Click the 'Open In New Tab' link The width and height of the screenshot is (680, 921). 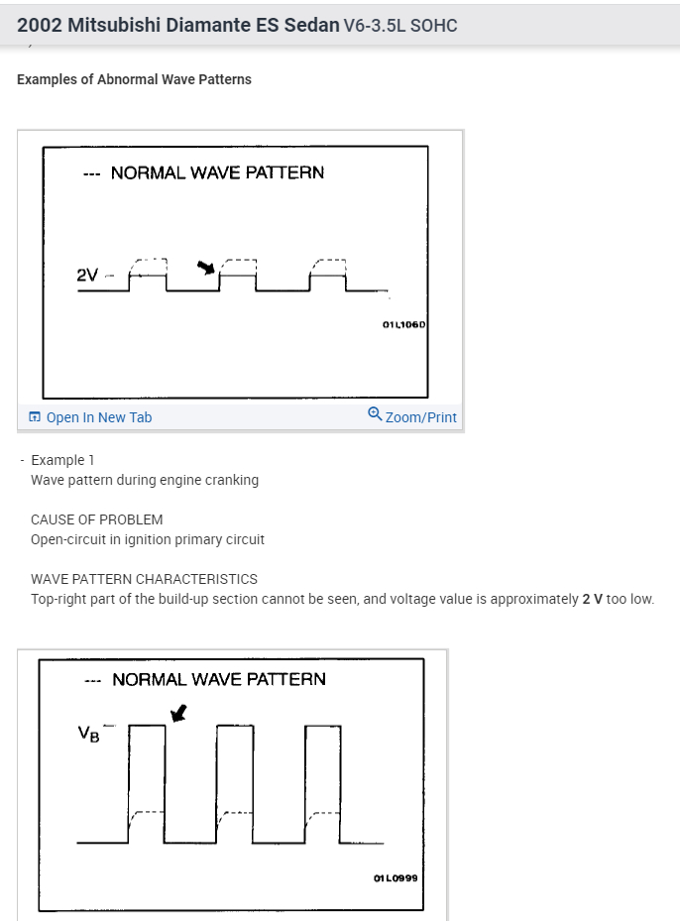tap(98, 417)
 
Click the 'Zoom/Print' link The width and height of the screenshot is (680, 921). tap(420, 417)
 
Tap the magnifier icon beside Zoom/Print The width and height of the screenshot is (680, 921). tap(375, 414)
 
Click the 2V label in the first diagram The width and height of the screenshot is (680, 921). tap(87, 275)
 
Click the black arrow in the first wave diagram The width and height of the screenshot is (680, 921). tap(206, 267)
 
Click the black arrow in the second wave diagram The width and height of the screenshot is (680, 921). tap(178, 713)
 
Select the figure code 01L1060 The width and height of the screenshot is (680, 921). tap(402, 324)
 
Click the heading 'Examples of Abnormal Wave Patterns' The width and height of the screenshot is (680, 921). tap(134, 79)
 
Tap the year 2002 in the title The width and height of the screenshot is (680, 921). tap(40, 25)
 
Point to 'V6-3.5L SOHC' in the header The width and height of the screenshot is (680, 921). tap(399, 26)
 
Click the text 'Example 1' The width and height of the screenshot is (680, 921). tap(63, 460)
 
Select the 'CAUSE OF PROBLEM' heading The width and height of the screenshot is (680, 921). tap(96, 519)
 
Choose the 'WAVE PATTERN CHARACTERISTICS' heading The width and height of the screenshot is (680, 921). tap(144, 579)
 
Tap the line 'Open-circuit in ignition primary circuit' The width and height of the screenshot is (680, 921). tap(148, 539)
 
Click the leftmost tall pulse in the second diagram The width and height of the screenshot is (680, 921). tap(147, 783)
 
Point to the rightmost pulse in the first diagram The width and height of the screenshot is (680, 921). tap(328, 278)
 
